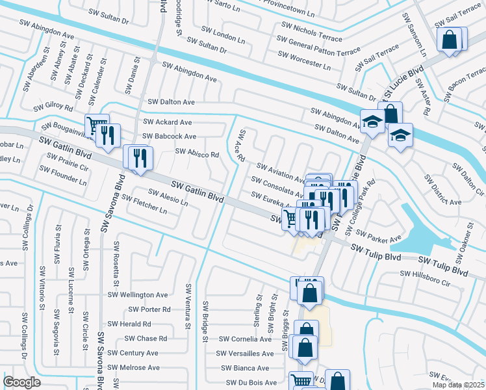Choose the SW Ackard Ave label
pos(167,122)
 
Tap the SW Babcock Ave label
pos(169,136)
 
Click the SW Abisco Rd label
pos(197,154)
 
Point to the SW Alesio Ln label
pos(168,198)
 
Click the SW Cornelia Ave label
pos(245,339)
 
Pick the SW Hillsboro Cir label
pos(425,278)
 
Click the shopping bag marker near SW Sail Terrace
pos(449,40)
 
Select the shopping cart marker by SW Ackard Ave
pos(97,123)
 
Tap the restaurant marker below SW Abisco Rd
pos(139,158)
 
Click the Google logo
pos(22,382)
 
